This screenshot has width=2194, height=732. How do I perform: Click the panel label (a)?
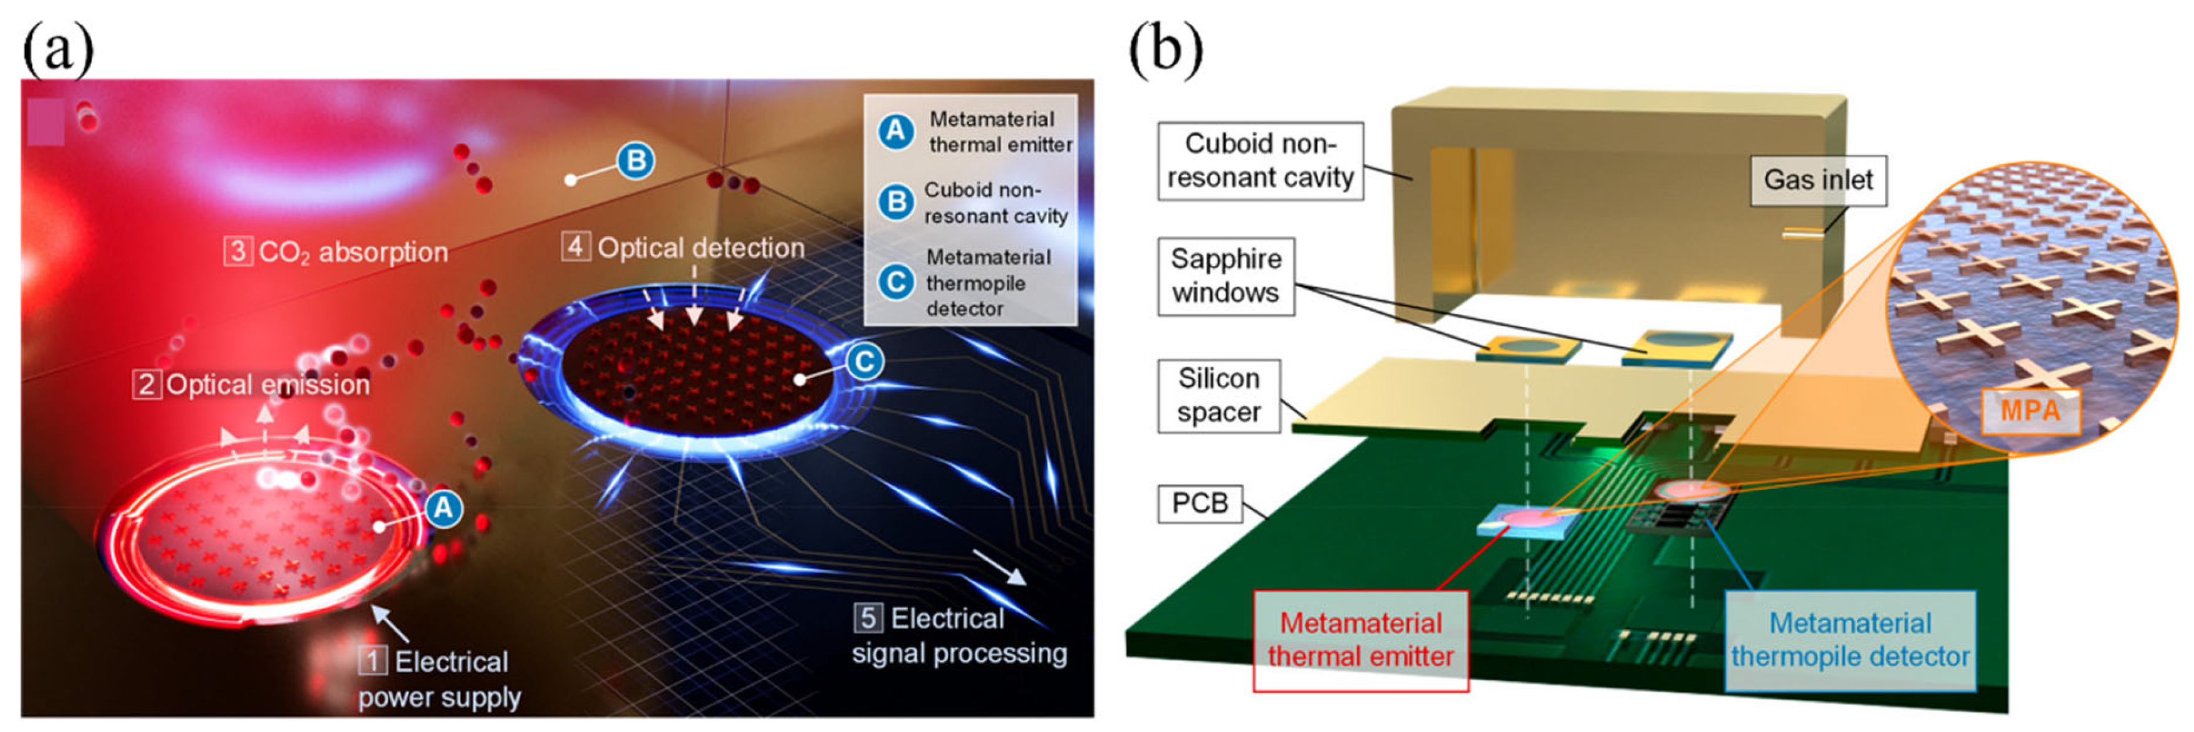pos(58,49)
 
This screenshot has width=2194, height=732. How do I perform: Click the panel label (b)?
pos(1165,49)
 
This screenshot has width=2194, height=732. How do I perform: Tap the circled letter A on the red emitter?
pos(443,509)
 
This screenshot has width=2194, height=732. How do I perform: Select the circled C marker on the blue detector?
pos(864,362)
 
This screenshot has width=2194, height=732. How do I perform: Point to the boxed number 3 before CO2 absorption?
pos(237,251)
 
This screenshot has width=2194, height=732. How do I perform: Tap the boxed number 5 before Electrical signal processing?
pos(868,618)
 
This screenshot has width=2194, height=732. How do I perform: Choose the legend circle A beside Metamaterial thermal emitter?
pos(896,132)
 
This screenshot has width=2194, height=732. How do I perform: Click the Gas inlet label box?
pos(1817,180)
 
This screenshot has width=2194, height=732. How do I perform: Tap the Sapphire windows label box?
pos(1225,275)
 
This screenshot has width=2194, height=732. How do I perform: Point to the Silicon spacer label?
pos(1218,395)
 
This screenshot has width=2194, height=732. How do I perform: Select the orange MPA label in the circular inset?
pos(2030,412)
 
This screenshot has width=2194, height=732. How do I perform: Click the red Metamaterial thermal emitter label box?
pos(1360,640)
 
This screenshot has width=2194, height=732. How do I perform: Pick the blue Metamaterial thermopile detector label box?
pos(1850,640)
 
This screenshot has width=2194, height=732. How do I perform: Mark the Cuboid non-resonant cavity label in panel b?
pos(1260,160)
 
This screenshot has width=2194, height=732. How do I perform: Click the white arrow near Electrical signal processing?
pos(1000,568)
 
